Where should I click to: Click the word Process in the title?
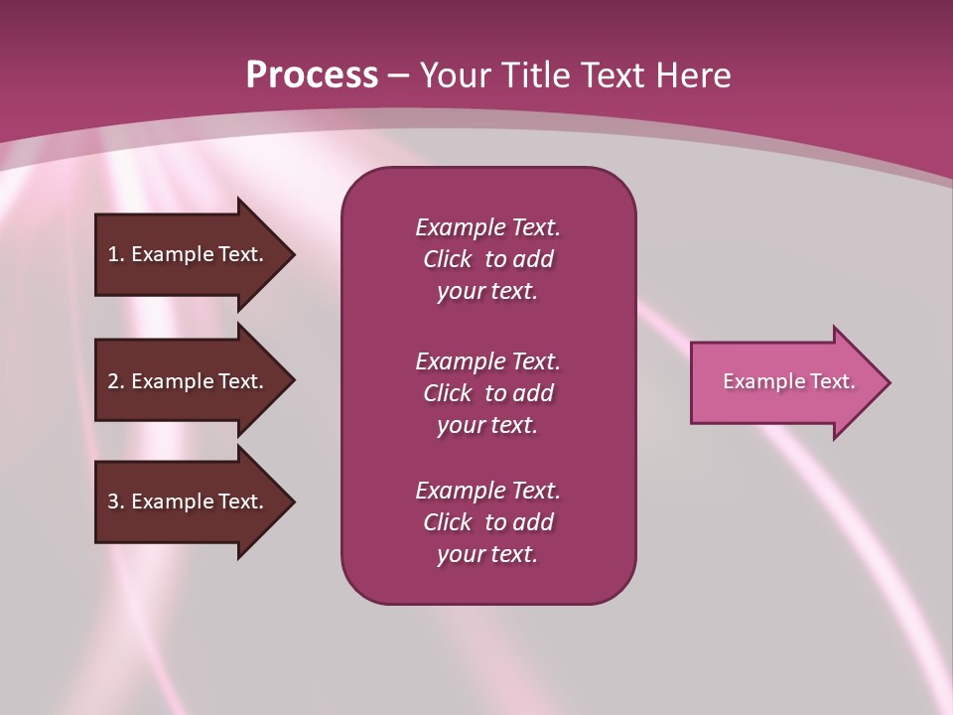click(x=312, y=75)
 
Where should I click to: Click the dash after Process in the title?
click(x=398, y=76)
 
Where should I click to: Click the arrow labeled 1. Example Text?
click(x=196, y=255)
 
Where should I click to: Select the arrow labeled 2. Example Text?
click(x=196, y=380)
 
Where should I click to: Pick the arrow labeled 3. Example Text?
click(x=196, y=502)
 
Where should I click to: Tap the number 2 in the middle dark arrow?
click(x=114, y=381)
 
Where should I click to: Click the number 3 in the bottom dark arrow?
click(x=114, y=500)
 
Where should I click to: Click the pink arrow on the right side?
click(x=791, y=382)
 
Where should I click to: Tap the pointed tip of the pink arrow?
click(x=890, y=382)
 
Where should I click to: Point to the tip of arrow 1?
click(x=295, y=255)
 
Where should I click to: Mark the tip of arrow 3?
click(x=295, y=502)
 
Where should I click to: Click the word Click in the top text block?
click(x=448, y=259)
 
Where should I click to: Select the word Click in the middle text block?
click(x=448, y=393)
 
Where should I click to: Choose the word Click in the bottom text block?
click(x=448, y=521)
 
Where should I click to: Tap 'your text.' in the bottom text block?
click(x=487, y=555)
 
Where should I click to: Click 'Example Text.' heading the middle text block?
click(x=488, y=361)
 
